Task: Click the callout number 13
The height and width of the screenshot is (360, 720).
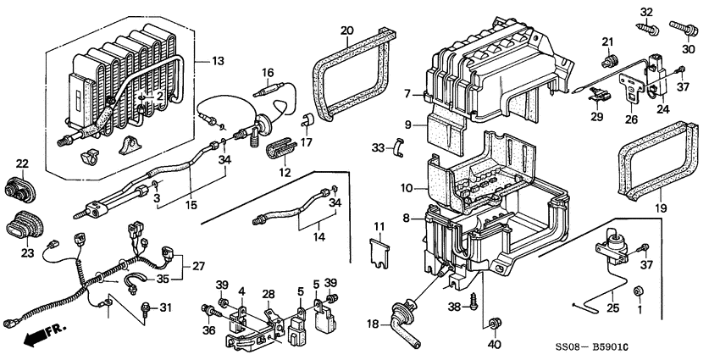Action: click(219, 62)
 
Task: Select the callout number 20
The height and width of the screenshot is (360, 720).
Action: click(346, 31)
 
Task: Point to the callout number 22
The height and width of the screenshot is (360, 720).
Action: click(22, 163)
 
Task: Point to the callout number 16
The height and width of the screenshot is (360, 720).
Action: click(268, 72)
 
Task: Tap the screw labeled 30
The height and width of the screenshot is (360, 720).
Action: click(683, 30)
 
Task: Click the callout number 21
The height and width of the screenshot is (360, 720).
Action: click(607, 42)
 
